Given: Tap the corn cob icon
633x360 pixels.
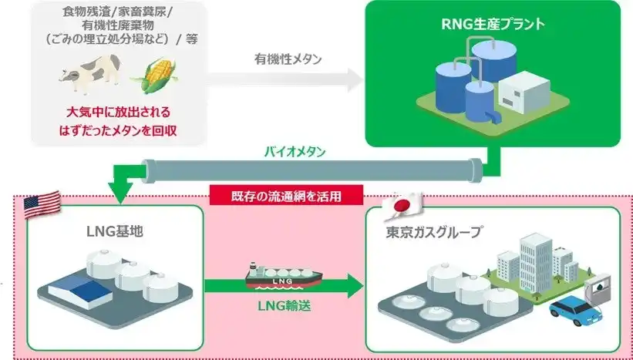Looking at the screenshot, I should click(152, 75).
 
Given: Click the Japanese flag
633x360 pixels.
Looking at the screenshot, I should click(399, 202).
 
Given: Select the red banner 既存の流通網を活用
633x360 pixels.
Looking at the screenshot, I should click(286, 196).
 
